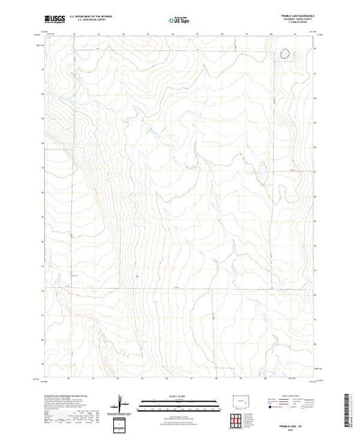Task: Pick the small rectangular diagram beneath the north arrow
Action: click(122, 423)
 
